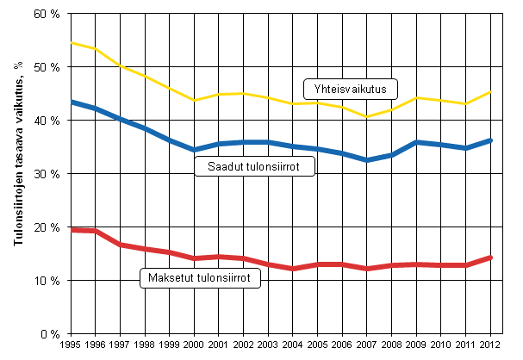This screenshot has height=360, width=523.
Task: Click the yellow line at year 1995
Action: (72, 42)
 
